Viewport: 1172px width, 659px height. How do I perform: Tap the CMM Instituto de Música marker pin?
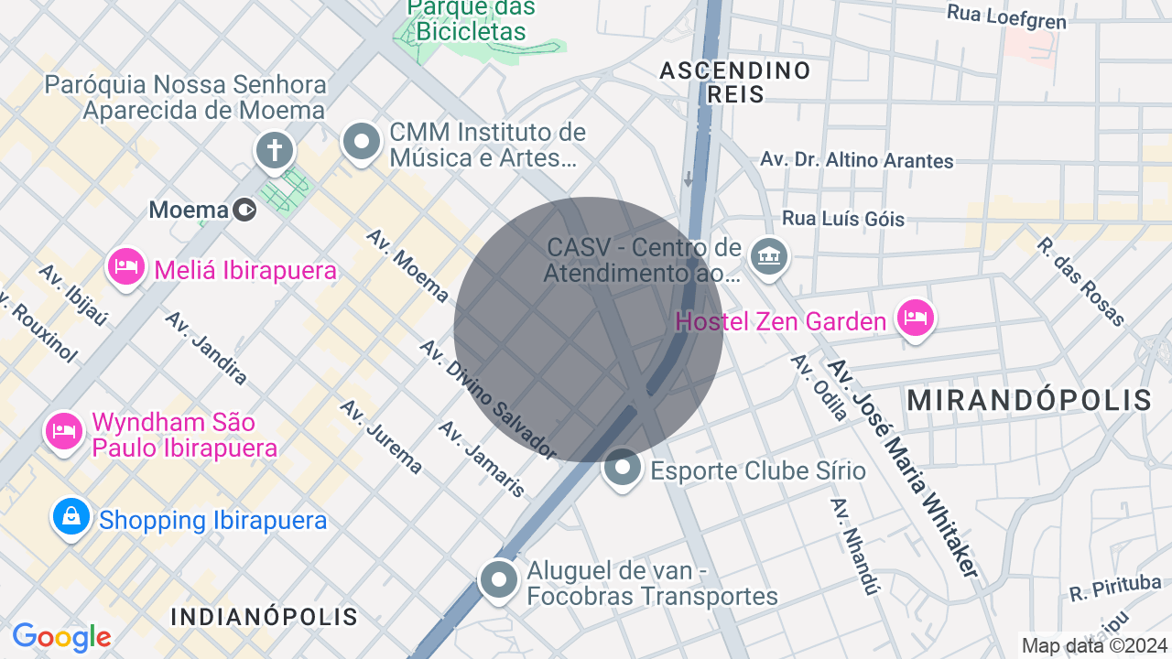(362, 143)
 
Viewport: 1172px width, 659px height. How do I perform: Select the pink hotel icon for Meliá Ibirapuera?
(126, 268)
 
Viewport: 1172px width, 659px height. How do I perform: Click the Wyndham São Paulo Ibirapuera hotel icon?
(63, 429)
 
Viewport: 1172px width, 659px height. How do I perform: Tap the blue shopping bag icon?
(71, 518)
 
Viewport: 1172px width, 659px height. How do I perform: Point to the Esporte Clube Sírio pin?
(623, 469)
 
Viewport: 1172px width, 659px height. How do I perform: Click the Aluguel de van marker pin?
(499, 579)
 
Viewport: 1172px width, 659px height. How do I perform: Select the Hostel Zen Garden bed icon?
(915, 319)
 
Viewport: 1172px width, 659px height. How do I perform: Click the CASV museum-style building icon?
(768, 256)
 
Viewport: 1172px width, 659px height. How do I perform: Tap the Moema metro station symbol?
(244, 211)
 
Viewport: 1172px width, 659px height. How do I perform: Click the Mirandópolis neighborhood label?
(1029, 400)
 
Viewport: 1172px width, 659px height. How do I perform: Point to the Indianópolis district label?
(264, 616)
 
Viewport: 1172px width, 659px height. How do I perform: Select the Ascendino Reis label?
(735, 81)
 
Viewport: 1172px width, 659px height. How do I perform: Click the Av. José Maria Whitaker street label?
(903, 468)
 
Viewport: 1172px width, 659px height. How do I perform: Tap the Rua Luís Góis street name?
(842, 219)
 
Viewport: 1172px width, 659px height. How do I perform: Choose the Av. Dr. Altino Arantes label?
(857, 160)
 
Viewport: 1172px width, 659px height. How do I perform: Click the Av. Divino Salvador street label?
(487, 399)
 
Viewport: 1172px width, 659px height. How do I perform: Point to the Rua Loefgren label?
(1006, 16)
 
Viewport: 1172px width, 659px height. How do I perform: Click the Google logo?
(61, 637)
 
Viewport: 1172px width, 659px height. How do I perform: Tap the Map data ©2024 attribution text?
(1094, 645)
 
